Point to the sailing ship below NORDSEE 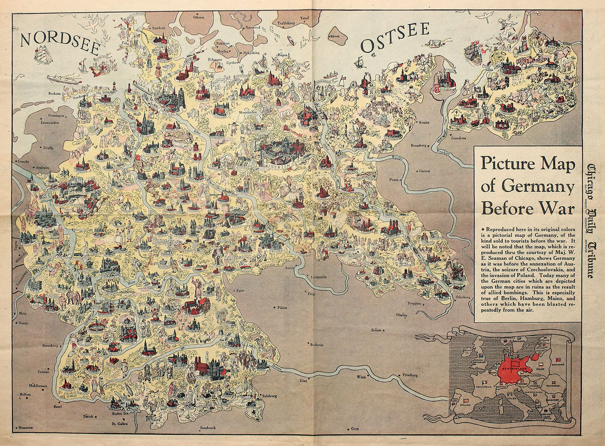pos(44,54)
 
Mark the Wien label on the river pos(362,376)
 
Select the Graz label pos(355,428)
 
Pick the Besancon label pos(24,427)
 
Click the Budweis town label pos(316,346)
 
